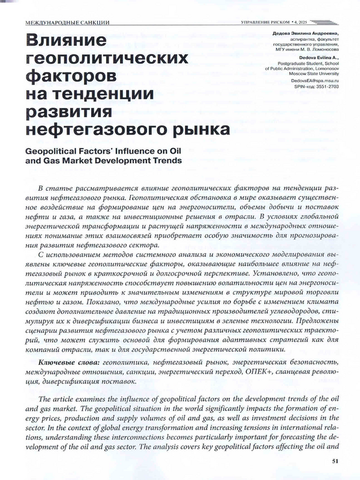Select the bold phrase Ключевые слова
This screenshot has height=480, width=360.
[70, 363]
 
